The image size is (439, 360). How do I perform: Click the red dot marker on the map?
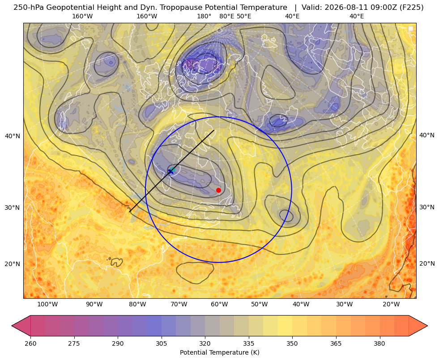[218, 190]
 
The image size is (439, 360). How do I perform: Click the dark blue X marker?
[170, 171]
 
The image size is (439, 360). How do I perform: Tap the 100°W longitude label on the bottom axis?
[47, 305]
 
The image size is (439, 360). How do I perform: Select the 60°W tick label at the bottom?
[219, 305]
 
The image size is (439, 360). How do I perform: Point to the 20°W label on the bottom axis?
[391, 305]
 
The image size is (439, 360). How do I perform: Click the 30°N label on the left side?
[13, 208]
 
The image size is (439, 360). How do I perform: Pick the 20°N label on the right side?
[427, 263]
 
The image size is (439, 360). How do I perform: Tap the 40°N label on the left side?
[13, 136]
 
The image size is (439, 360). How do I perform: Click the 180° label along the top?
[204, 16]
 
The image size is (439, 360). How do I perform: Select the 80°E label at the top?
[226, 16]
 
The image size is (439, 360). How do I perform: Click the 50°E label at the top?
[244, 16]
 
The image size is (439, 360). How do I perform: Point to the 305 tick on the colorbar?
[162, 343]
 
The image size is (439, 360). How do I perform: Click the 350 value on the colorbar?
[292, 343]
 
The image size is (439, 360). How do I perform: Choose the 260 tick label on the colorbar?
[30, 343]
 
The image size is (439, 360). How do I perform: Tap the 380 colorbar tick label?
[379, 343]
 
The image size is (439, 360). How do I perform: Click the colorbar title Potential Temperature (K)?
[219, 352]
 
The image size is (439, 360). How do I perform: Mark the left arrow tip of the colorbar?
[12, 326]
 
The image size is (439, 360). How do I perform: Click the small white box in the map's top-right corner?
[411, 29]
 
